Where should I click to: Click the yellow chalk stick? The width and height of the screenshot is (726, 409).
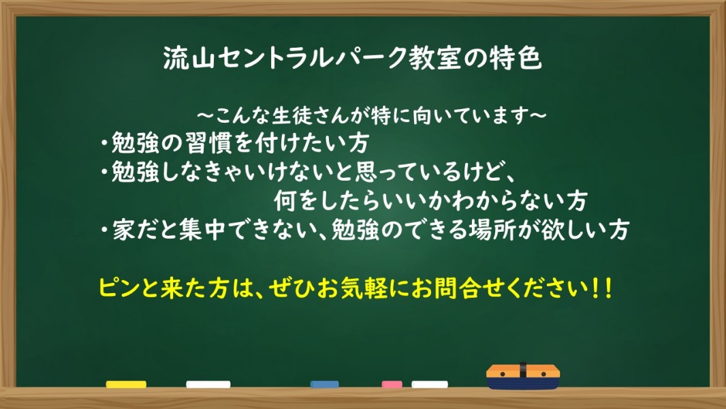126,384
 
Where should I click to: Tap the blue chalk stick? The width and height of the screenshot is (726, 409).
325,384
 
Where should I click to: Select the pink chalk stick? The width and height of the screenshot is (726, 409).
392,384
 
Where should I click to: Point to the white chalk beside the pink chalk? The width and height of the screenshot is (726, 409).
430,384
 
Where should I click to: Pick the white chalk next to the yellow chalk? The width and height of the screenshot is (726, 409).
208,384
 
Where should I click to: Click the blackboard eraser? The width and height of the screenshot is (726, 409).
523,376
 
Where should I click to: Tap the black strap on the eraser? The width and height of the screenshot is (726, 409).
523,371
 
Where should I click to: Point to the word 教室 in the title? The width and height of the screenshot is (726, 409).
434,59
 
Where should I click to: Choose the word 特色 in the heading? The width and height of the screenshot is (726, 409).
516,59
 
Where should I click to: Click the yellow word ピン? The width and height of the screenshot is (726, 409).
119,288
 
